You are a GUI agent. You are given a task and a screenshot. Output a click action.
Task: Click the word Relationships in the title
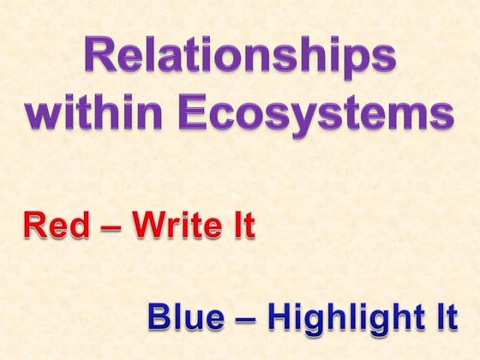pos(240,58)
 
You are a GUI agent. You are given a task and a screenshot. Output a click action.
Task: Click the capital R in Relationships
pos(100,57)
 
